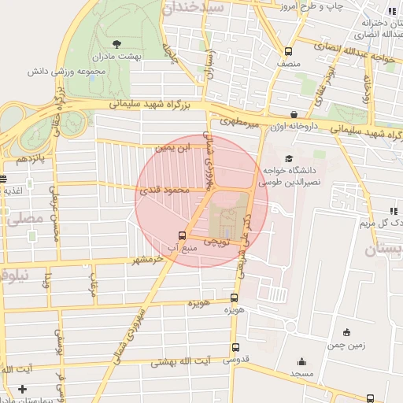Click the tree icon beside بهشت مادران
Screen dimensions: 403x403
(117, 44)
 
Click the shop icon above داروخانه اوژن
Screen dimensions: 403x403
(294, 113)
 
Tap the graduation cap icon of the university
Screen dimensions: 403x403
(288, 157)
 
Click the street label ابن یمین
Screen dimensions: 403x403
(174, 147)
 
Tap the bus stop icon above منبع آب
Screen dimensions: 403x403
(183, 235)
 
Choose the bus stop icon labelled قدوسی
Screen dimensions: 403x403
(236, 347)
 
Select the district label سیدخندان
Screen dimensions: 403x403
(193, 8)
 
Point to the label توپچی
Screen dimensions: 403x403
(216, 244)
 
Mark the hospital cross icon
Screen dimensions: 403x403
(22, 389)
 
